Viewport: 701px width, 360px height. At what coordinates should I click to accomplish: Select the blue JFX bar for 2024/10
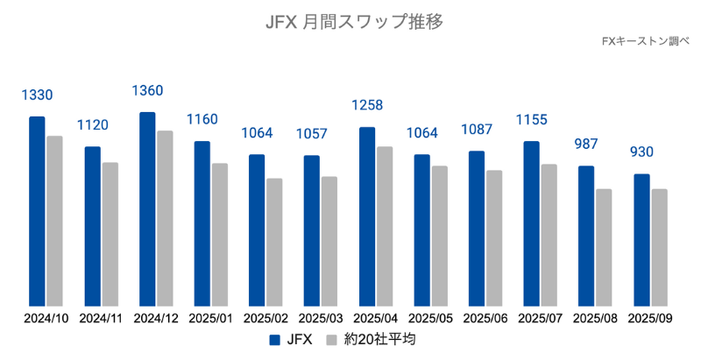37,210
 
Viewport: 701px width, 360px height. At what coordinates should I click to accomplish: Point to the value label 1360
147,91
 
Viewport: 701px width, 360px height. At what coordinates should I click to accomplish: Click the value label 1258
367,106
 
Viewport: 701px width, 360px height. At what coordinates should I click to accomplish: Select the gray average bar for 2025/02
274,241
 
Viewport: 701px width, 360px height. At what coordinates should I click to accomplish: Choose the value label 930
641,153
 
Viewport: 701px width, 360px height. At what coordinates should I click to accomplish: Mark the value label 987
586,145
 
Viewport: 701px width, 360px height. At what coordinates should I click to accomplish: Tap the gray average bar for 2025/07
549,234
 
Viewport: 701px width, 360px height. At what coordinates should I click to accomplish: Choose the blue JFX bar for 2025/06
477,228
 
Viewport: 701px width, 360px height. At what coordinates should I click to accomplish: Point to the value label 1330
37,95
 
